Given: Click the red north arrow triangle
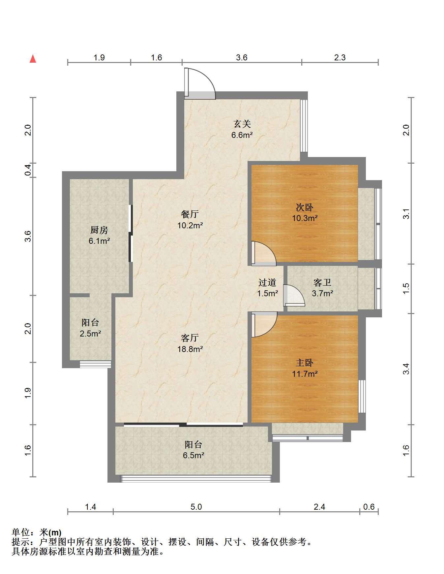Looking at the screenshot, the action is [33, 59].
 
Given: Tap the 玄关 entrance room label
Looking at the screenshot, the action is [242, 124].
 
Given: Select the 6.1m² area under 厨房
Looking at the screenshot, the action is [99, 241].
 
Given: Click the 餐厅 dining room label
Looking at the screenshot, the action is [190, 214].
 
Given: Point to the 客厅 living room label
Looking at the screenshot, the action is [190, 338].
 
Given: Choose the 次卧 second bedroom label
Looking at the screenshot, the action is [305, 207].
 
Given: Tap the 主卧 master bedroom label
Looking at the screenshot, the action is [305, 363].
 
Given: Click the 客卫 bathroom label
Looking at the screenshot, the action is [322, 282].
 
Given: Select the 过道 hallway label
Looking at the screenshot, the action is [267, 282].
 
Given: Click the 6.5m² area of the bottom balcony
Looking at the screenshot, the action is [193, 456].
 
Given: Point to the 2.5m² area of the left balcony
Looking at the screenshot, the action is [90, 334].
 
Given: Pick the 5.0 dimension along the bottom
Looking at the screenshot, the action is [196, 506].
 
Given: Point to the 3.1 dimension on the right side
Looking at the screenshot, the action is [406, 213].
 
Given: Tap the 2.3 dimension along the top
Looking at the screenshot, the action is [340, 58].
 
